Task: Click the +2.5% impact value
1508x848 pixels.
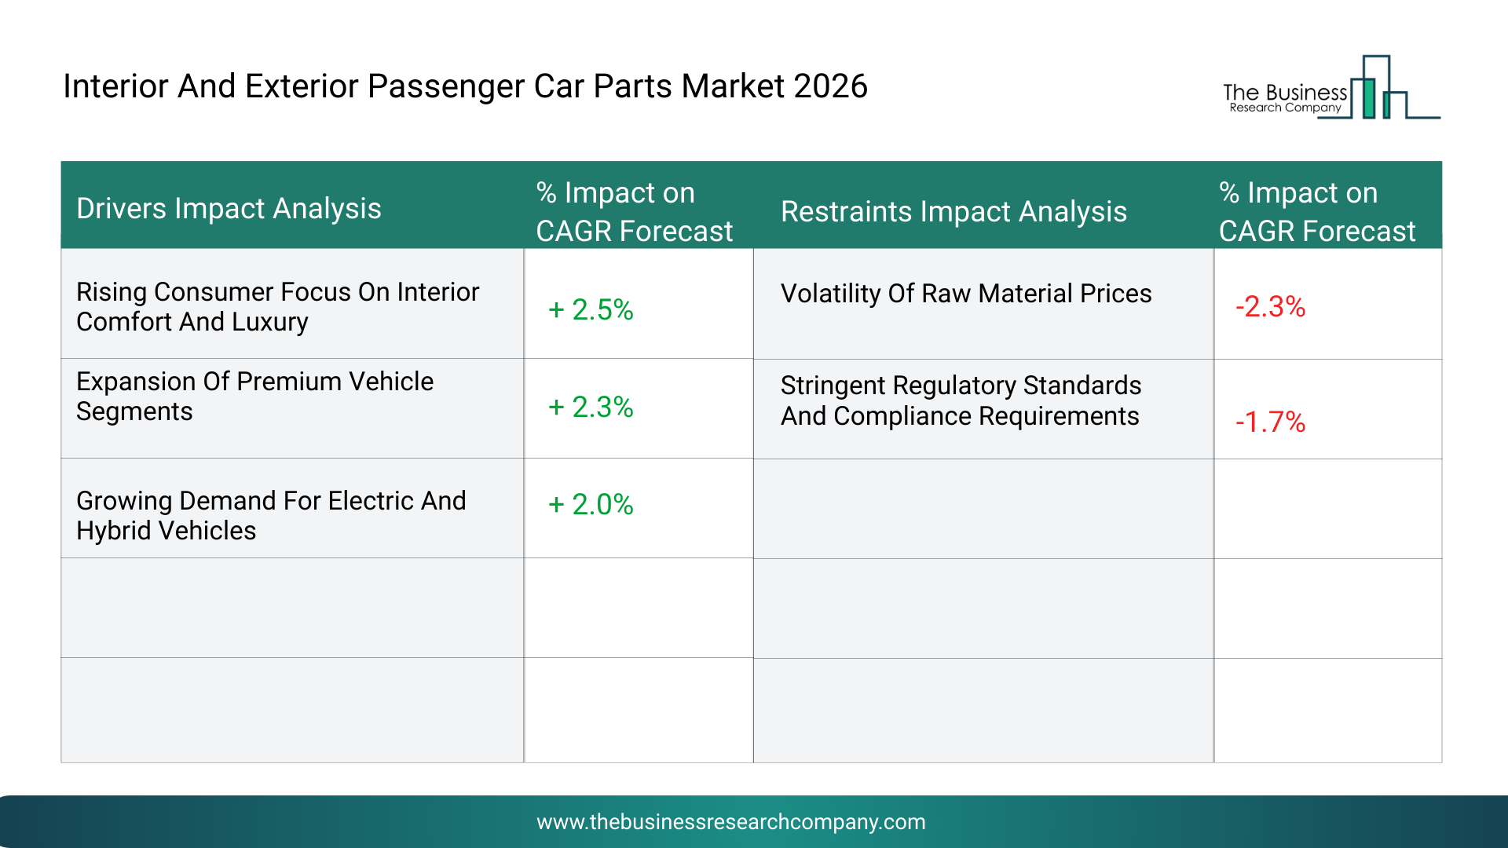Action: pos(591,309)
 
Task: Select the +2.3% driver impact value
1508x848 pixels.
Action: pos(591,407)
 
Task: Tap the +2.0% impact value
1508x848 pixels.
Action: pos(591,504)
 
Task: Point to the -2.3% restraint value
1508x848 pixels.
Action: pos(1270,306)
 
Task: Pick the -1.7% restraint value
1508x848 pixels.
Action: pos(1270,422)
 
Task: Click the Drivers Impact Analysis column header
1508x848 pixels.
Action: pos(229,209)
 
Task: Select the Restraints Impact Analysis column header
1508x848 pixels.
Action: pos(953,212)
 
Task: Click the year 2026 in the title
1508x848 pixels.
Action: pos(830,86)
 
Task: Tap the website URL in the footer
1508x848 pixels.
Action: pos(730,822)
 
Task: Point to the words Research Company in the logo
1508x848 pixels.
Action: pos(1285,108)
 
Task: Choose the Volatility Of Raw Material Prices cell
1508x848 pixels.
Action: pos(966,294)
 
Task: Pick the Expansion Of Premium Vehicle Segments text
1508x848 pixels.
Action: pos(254,397)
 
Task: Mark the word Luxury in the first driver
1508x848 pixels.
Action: pos(269,322)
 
